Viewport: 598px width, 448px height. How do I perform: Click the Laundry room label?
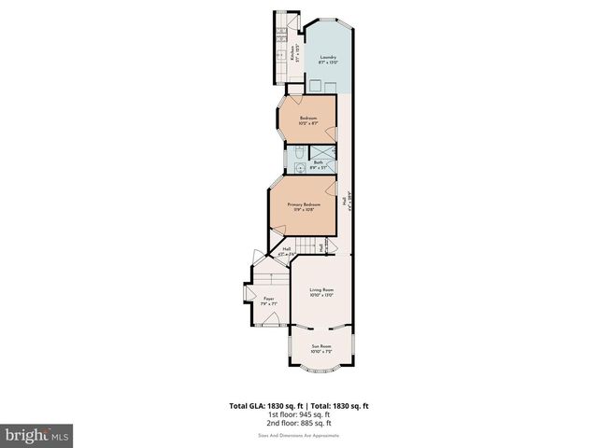tap(327, 57)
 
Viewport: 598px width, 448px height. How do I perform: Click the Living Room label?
tap(322, 290)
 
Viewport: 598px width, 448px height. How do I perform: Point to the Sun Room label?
tap(321, 346)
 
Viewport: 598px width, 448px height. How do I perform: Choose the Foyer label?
tap(267, 299)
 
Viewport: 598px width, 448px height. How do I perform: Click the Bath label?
tap(318, 162)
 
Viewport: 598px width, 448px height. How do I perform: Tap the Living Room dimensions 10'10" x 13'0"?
tap(322, 296)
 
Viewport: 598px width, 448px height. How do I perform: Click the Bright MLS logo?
tap(37, 435)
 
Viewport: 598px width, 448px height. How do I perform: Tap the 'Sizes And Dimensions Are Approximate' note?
tap(298, 436)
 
